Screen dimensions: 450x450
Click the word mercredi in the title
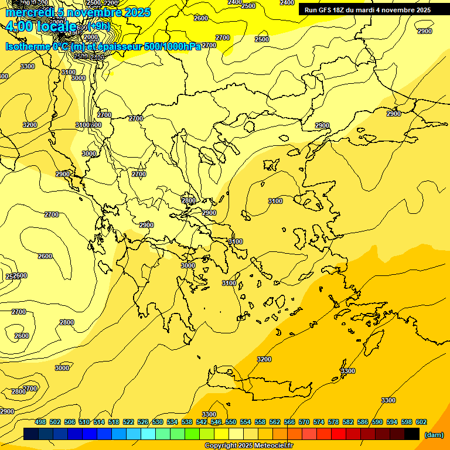(x=28, y=12)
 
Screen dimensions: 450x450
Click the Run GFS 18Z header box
(x=367, y=10)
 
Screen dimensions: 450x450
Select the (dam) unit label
(x=434, y=434)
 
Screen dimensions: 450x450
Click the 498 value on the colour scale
(x=40, y=422)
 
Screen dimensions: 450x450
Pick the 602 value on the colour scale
(x=421, y=422)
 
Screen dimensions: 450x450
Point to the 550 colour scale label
(x=231, y=422)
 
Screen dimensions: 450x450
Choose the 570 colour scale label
(x=304, y=422)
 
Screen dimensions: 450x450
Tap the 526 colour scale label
(x=143, y=422)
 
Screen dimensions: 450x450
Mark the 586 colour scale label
(x=363, y=422)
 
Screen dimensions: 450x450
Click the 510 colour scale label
(x=84, y=422)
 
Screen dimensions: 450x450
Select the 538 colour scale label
(x=187, y=422)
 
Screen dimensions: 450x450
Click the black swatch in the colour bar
(x=412, y=434)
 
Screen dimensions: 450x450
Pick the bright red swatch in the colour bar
(x=339, y=434)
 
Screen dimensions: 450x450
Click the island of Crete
(x=264, y=387)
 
